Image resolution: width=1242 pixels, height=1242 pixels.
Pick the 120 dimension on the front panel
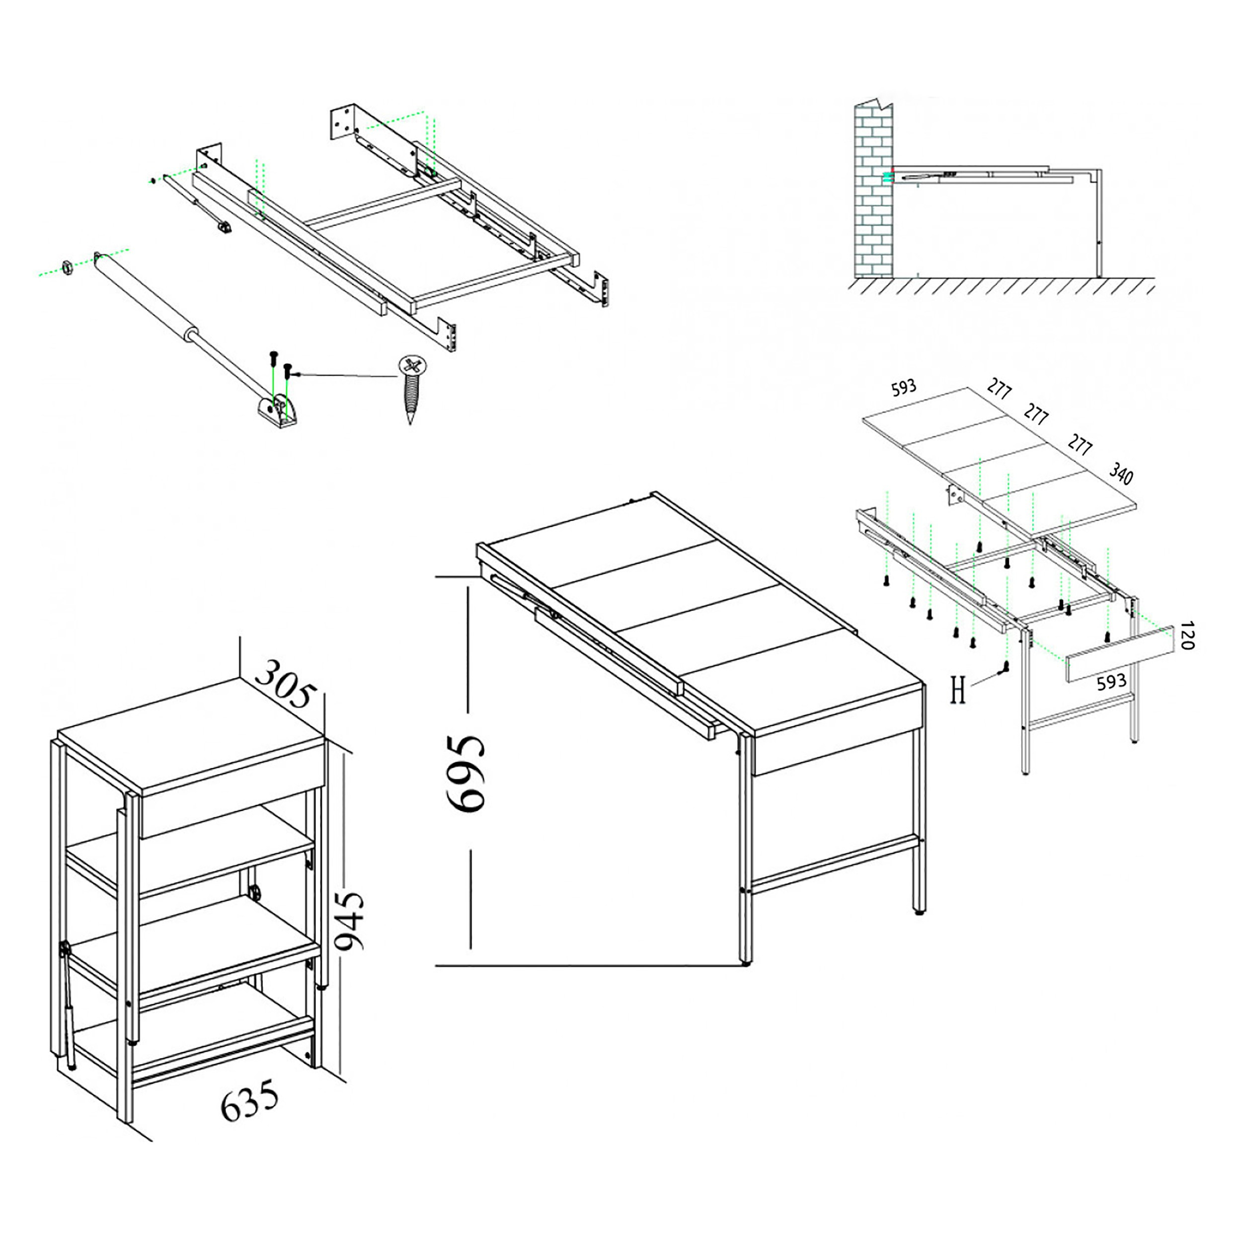(x=1187, y=635)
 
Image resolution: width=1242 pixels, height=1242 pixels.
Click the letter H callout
(x=958, y=691)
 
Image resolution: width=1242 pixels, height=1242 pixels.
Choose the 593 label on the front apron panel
(x=1111, y=682)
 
